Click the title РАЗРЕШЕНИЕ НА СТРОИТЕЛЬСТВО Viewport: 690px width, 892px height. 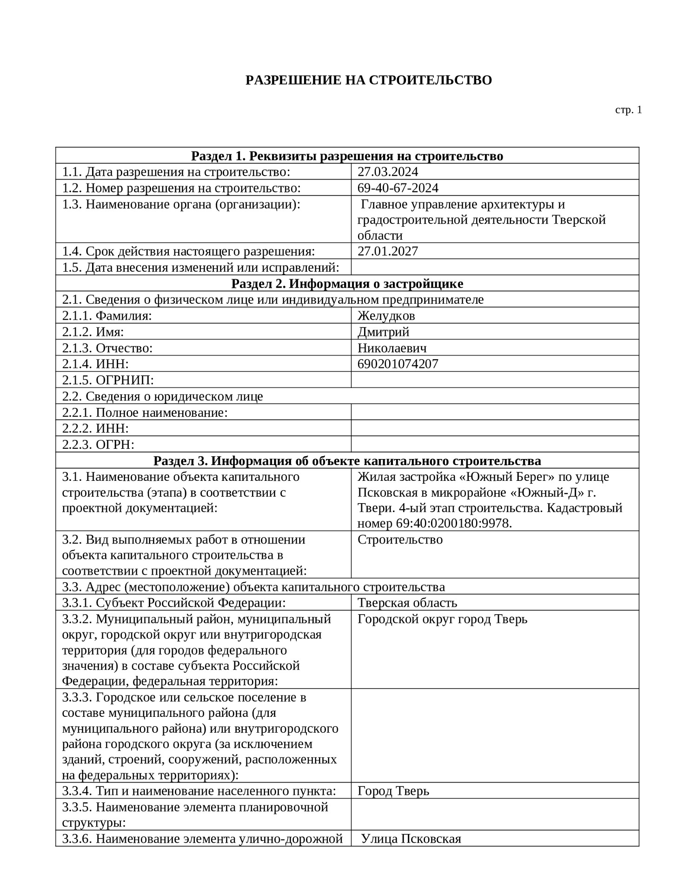[x=368, y=80]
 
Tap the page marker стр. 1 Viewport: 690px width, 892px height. [x=628, y=110]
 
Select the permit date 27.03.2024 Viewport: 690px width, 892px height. [x=387, y=172]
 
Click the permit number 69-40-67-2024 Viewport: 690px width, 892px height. [x=398, y=188]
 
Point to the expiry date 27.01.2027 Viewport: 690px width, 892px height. [x=387, y=251]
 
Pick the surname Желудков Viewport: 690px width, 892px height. [x=386, y=316]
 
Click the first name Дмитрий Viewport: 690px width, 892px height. [x=383, y=332]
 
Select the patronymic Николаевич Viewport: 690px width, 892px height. [x=391, y=348]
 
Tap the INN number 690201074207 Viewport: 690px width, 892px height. [x=398, y=364]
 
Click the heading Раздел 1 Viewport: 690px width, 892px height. [x=347, y=156]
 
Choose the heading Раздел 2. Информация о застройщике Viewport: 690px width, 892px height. [x=347, y=283]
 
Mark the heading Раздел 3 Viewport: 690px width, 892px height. [x=347, y=461]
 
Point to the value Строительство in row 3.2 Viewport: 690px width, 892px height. [x=400, y=540]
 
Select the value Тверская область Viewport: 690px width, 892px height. [x=407, y=603]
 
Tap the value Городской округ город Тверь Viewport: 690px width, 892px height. [x=442, y=619]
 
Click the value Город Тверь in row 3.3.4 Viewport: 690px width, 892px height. [x=393, y=791]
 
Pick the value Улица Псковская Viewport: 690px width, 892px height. [x=411, y=839]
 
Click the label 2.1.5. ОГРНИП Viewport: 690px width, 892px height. [x=108, y=380]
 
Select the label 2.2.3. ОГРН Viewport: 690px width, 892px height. [x=98, y=445]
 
